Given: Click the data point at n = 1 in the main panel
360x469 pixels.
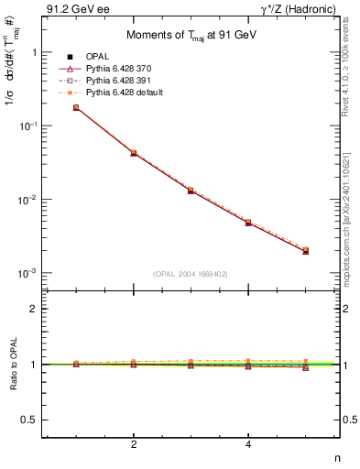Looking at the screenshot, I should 76,107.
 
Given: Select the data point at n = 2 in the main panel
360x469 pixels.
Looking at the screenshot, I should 134,153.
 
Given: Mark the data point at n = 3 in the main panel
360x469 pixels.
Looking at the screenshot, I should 191,190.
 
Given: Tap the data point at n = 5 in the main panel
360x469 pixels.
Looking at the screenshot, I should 305,250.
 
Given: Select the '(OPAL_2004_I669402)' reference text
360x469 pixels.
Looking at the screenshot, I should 191,273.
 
